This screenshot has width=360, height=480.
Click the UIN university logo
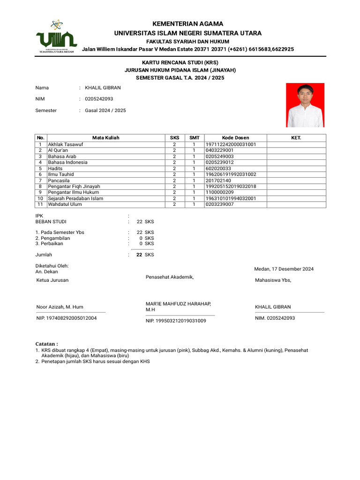coord(56,37)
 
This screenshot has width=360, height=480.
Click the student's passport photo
coord(305,105)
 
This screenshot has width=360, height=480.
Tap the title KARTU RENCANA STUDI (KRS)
coord(180,62)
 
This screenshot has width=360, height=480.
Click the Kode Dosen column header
coord(235,138)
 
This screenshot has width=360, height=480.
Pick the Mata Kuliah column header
coord(105,138)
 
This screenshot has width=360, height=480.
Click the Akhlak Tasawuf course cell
coord(65,144)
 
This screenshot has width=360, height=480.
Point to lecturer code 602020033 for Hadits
coord(218,168)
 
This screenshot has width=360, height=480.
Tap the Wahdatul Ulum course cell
coord(65,204)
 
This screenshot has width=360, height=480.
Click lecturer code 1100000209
coord(219,192)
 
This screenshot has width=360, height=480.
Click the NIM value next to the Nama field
coord(99,99)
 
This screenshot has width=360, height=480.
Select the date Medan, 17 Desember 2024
coord(284,269)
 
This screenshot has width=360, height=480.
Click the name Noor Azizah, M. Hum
coord(60,307)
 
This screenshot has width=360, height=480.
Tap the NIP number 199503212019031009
coord(176,321)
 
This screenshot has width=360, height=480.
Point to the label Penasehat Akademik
coord(170,277)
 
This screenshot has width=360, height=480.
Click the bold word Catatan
coord(47,344)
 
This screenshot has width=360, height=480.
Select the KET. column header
coord(296,138)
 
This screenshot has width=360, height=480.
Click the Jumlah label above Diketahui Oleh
coord(44,255)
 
